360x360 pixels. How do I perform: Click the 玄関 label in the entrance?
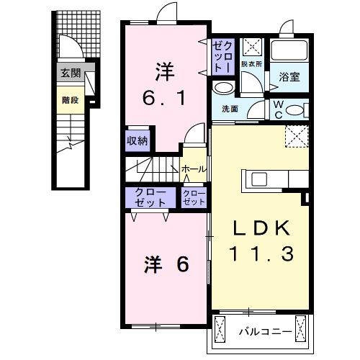(70, 72)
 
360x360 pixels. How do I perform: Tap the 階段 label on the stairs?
(70, 101)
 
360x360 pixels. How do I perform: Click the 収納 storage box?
(138, 140)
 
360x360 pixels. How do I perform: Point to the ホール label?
(194, 169)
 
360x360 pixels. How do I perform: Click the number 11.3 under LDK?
(260, 253)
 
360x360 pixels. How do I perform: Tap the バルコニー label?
(265, 332)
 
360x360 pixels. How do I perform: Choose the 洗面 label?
(230, 109)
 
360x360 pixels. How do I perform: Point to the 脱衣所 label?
(251, 64)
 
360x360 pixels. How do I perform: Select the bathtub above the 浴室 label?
(289, 51)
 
